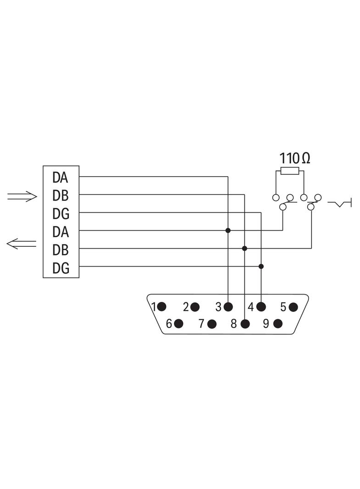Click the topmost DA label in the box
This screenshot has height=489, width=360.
(60, 178)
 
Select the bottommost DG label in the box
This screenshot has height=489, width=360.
(61, 268)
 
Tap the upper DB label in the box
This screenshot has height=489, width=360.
(60, 195)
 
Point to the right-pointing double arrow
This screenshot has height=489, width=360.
(22, 196)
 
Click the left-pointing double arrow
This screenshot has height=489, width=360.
(21, 244)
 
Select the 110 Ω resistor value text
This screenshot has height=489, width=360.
(295, 158)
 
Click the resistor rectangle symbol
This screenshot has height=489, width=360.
(290, 171)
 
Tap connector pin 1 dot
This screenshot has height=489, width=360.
(162, 307)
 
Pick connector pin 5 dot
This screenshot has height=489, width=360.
(293, 307)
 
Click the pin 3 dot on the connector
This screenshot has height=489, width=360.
(228, 307)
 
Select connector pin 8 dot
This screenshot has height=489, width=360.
(245, 324)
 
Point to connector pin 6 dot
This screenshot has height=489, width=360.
(178, 324)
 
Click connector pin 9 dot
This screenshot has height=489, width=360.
(278, 324)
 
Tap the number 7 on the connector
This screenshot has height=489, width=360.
(202, 324)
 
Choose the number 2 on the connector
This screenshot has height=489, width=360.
(186, 307)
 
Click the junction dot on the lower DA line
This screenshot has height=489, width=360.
(228, 230)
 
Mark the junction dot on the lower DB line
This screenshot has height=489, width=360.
(244, 248)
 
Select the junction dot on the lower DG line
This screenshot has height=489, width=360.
(261, 267)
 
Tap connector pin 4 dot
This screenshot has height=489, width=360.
(261, 307)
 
